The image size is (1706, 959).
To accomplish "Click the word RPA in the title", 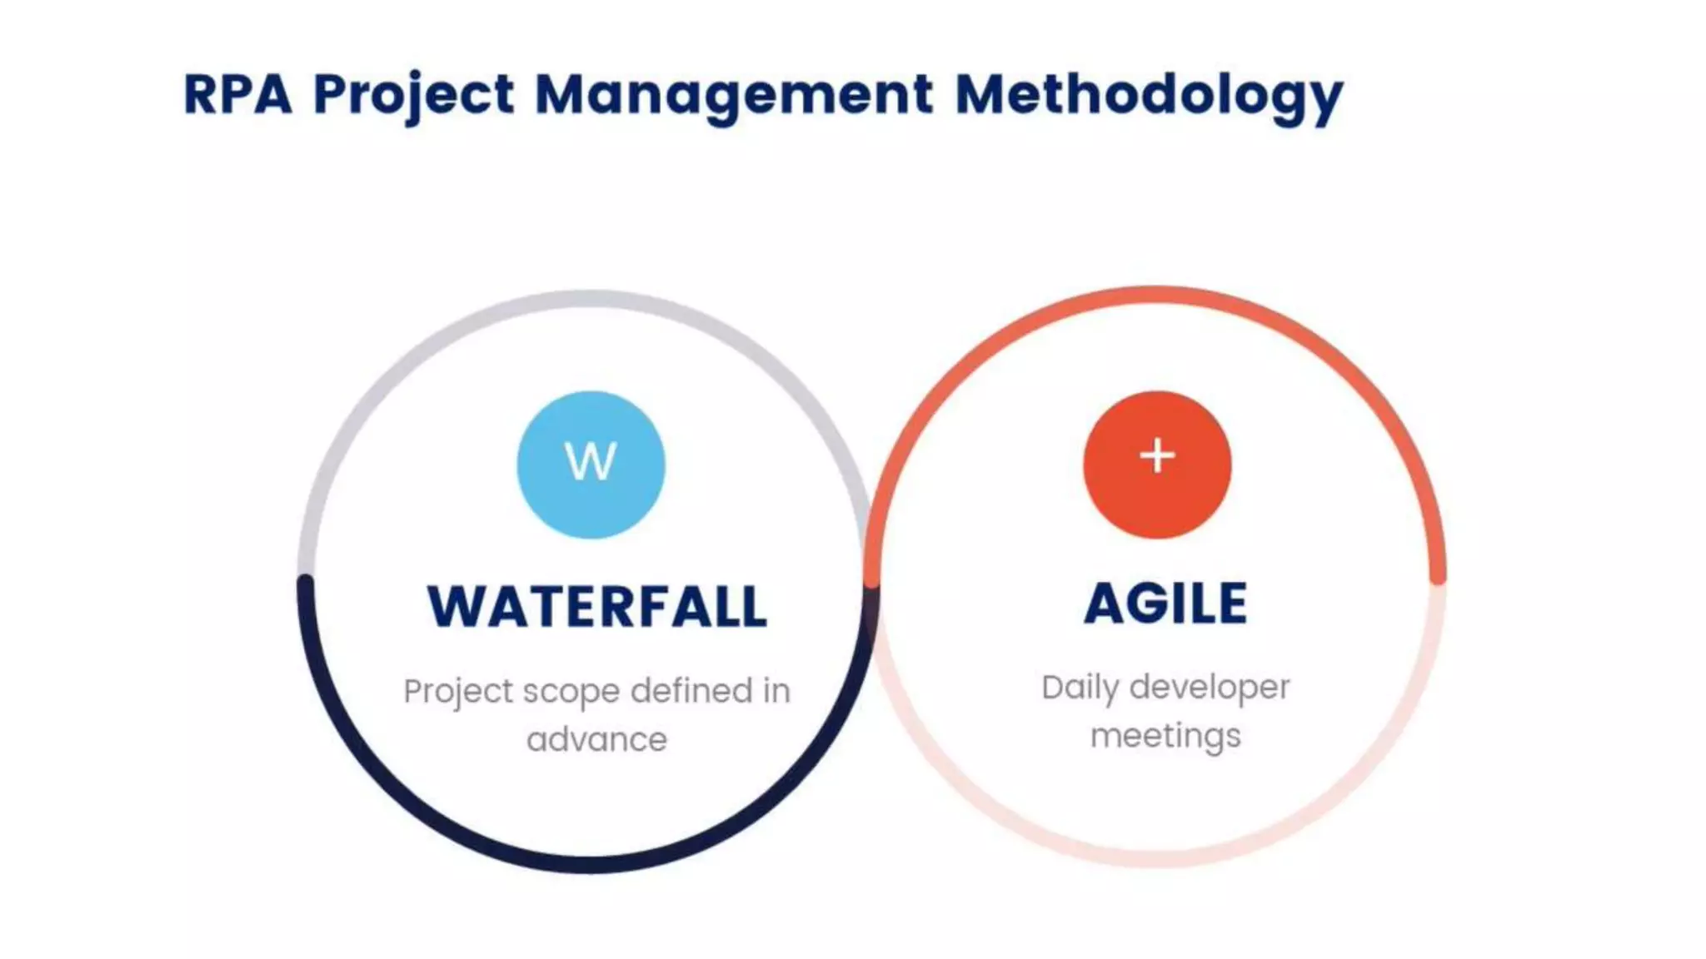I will (x=237, y=93).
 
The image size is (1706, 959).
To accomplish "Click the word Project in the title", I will (x=414, y=93).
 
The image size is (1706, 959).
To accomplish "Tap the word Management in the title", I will (x=733, y=93).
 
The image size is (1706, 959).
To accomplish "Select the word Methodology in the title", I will (x=1148, y=93).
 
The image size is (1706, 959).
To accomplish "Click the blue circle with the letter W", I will (x=591, y=465).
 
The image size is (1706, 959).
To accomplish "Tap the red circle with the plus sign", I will (x=1156, y=465).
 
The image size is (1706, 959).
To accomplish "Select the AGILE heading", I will (x=1165, y=603).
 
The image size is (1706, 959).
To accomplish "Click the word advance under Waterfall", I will (x=596, y=739).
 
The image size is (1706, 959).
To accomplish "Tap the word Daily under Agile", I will (x=1080, y=688).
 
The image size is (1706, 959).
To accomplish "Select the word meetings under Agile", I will (x=1165, y=736).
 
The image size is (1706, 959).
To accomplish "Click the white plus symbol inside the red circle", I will (x=1157, y=455).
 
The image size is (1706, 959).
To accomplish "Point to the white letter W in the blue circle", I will (x=591, y=460).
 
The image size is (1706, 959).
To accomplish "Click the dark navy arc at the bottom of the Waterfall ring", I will (x=591, y=863).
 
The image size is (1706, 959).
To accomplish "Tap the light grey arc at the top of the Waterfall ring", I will (x=591, y=299).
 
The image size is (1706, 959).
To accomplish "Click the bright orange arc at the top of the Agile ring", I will (x=1156, y=296).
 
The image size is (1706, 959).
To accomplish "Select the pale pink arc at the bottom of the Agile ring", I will (x=1156, y=857).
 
